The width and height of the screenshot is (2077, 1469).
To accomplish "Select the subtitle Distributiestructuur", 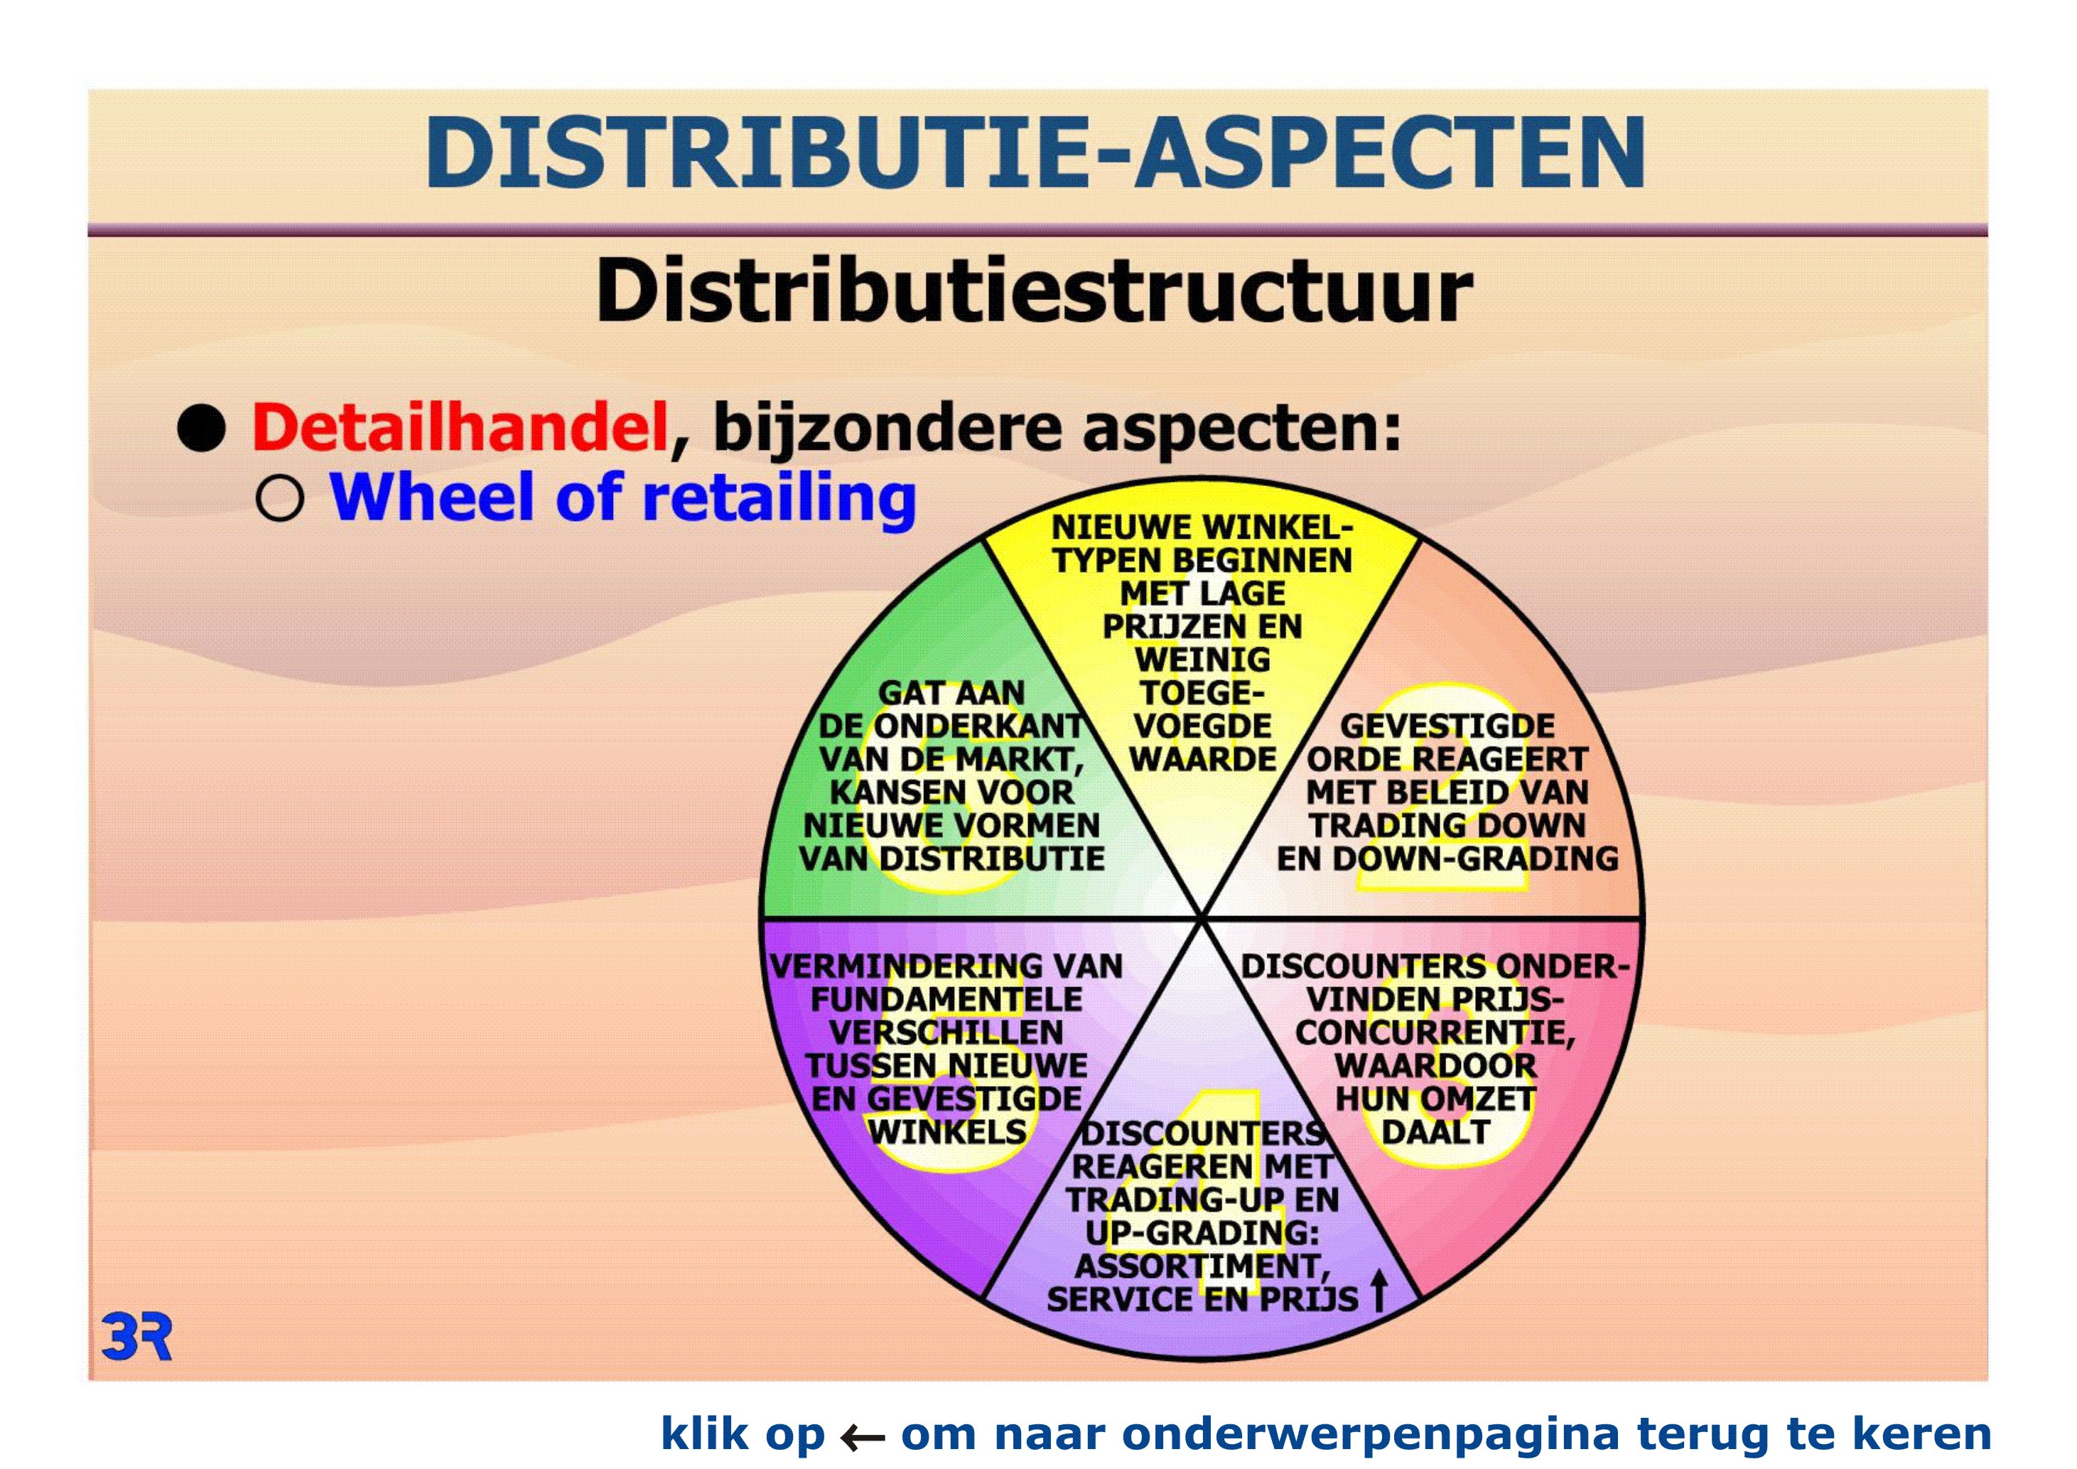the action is (x=1034, y=291).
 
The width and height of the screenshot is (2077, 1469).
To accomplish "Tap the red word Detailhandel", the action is (x=460, y=427).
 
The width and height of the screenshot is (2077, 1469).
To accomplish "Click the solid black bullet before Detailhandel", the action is (x=201, y=428).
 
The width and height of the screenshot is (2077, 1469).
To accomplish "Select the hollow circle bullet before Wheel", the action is (x=279, y=498).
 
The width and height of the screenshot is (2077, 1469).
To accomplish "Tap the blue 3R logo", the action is (x=136, y=1337).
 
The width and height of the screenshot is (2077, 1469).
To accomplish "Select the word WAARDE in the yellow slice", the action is (x=1203, y=760).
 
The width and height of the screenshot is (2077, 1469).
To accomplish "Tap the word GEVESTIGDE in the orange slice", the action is (x=1447, y=726).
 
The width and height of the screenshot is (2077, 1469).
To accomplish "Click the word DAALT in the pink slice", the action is (x=1435, y=1133).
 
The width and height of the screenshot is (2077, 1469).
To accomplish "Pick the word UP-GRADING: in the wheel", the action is (x=1203, y=1233).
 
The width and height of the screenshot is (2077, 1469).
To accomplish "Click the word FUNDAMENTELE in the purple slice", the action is (x=946, y=999).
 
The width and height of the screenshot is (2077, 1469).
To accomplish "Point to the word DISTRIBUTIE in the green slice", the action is (x=993, y=859).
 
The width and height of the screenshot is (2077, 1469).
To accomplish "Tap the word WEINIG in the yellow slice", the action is (x=1203, y=660).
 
